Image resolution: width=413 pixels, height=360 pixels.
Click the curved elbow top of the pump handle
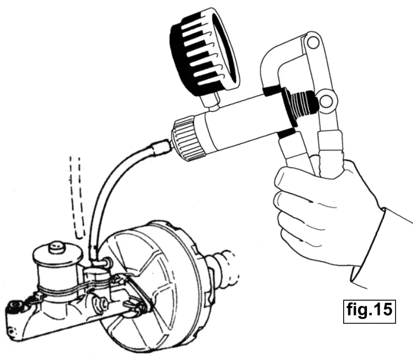[x=281, y=58]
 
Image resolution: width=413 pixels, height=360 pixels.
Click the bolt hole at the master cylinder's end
[x=14, y=306]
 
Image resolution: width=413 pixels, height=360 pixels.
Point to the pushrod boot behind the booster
[x=225, y=267]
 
